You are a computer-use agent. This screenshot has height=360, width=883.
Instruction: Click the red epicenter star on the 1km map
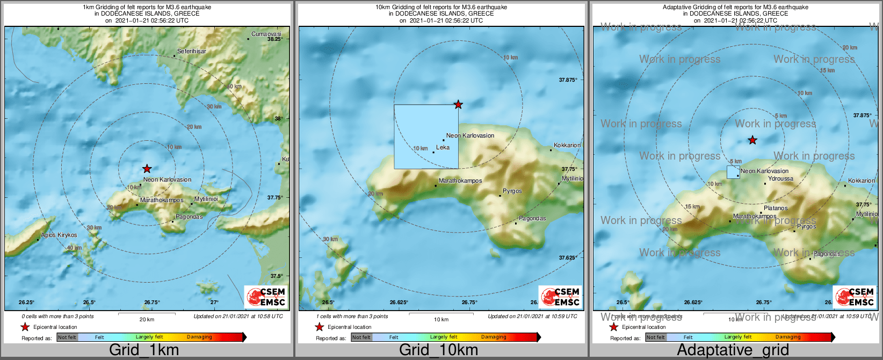(147, 169)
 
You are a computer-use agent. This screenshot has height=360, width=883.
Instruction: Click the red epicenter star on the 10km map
(458, 104)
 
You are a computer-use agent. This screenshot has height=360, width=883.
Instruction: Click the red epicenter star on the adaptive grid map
(752, 140)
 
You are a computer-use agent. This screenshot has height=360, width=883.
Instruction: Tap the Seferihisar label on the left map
(192, 51)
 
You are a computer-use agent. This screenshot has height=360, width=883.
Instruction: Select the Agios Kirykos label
(59, 235)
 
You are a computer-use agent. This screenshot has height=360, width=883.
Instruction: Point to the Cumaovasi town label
(266, 34)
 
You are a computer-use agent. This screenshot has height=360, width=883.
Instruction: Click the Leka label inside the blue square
(443, 147)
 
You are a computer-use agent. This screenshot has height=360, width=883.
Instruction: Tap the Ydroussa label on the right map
(780, 178)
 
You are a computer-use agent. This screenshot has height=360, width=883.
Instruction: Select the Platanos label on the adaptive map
(776, 208)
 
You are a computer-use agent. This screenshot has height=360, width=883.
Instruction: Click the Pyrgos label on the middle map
(512, 191)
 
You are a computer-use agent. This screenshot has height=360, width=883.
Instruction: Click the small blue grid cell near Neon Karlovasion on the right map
(733, 172)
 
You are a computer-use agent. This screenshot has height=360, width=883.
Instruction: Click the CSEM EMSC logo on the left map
(265, 297)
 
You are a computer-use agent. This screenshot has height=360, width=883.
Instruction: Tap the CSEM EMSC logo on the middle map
(560, 297)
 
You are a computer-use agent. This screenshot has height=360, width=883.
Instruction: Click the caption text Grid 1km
(144, 350)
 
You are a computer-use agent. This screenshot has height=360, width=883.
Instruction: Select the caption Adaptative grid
(733, 350)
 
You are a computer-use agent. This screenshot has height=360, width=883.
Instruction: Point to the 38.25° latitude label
(274, 39)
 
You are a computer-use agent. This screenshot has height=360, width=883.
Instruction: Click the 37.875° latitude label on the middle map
(568, 80)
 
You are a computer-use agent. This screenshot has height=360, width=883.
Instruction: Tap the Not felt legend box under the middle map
(361, 337)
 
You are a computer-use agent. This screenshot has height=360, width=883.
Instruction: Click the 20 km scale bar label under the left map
(147, 319)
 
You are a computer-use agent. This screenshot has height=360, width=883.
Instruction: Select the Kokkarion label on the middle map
(567, 145)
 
